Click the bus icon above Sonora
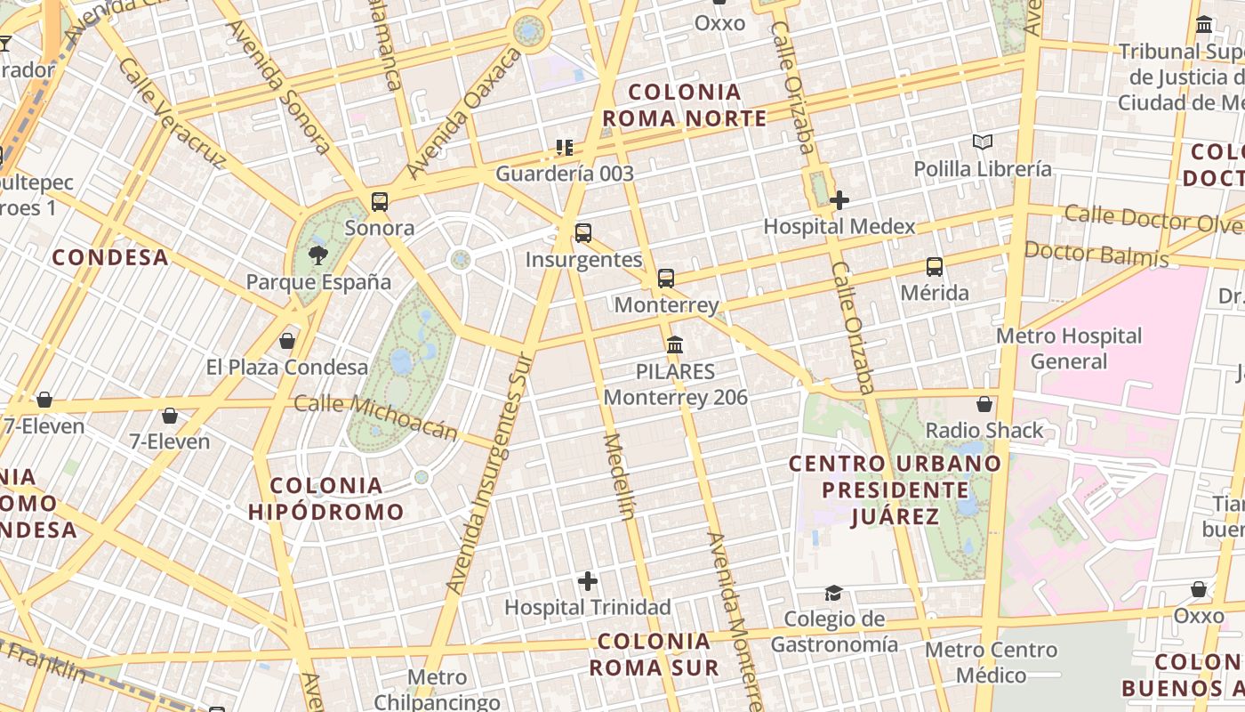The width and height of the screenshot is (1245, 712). click(x=380, y=202)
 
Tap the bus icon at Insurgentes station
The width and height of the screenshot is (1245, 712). click(x=583, y=233)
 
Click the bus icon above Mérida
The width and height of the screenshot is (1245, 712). click(x=935, y=266)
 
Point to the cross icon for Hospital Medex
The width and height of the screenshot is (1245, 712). click(x=839, y=200)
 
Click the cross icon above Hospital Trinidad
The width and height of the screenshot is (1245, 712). click(x=588, y=581)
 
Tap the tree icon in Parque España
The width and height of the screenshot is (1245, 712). click(x=317, y=256)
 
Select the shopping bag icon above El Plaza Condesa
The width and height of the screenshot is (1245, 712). click(x=287, y=341)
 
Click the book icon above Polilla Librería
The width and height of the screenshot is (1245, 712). click(x=982, y=142)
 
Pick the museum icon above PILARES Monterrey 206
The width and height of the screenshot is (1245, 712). click(x=675, y=344)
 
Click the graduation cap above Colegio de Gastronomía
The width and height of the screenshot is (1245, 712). click(x=833, y=593)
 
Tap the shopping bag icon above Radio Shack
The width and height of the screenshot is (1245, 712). click(x=984, y=404)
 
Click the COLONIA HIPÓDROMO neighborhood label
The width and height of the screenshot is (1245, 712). click(x=326, y=498)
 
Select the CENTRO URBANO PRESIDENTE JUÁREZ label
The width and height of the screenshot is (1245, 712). click(x=895, y=489)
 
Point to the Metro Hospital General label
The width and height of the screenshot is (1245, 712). click(x=1069, y=348)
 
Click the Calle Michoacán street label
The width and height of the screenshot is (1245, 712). click(x=375, y=417)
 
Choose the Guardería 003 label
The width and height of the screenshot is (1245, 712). click(x=565, y=174)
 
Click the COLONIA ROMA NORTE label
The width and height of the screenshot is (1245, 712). click(x=685, y=105)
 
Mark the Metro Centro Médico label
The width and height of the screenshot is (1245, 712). click(x=992, y=662)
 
